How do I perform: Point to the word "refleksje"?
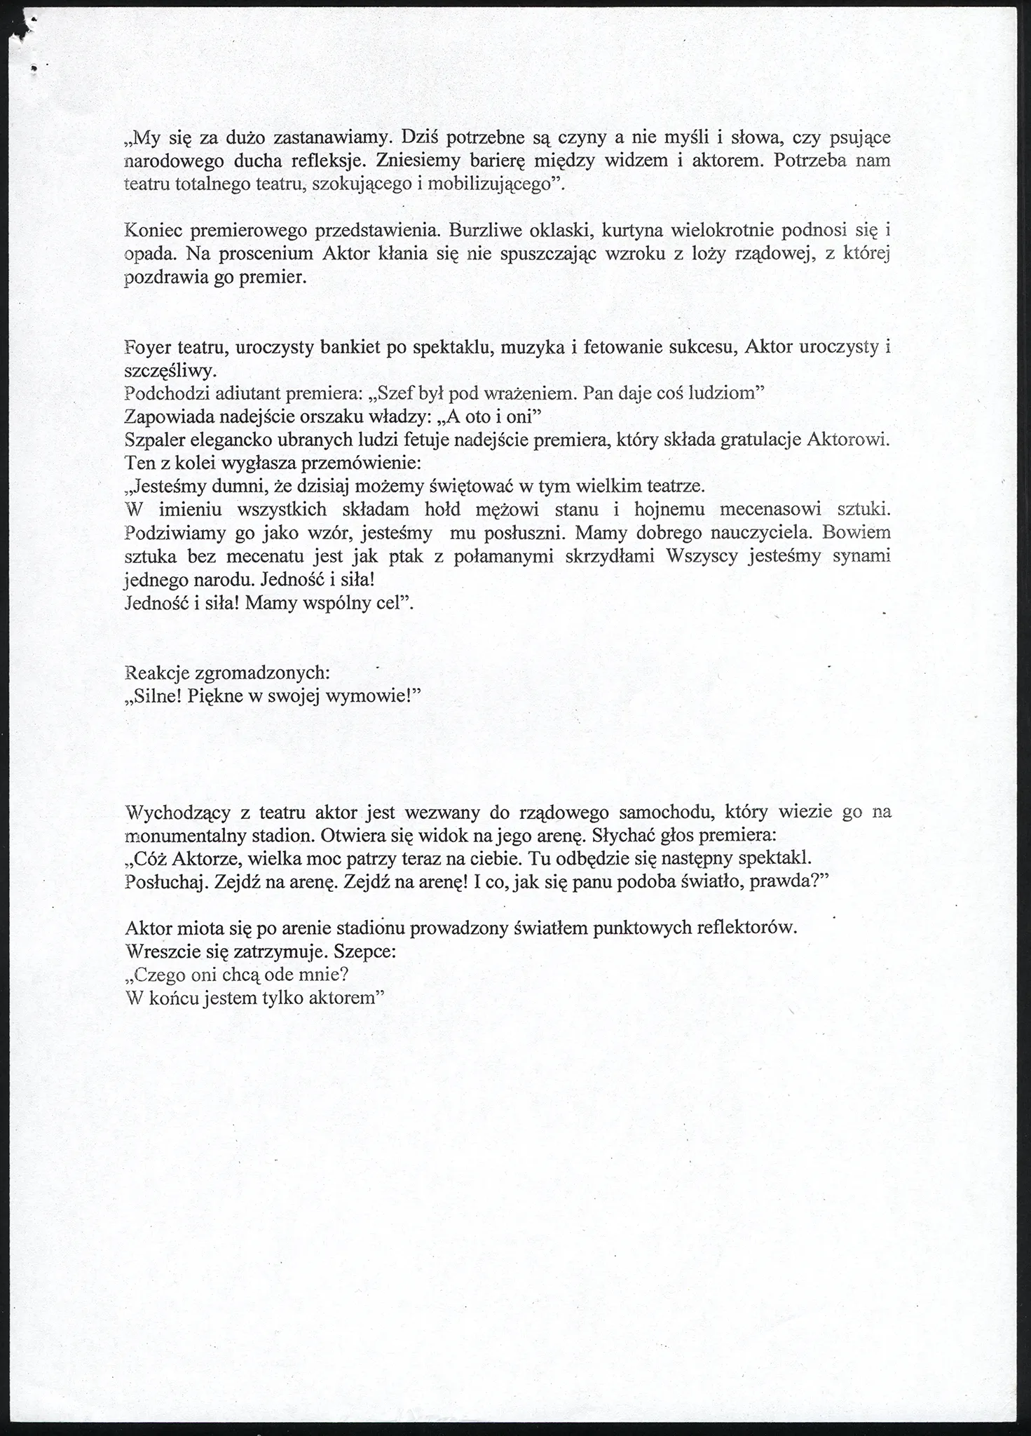319,161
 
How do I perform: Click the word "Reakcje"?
156,673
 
